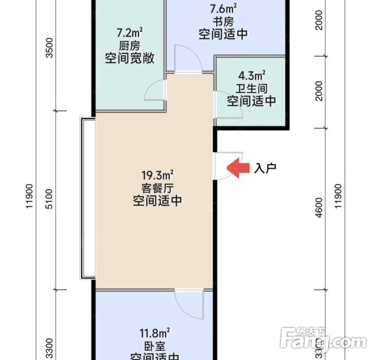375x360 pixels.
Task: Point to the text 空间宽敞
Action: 130,59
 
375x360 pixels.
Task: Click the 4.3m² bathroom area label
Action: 252,75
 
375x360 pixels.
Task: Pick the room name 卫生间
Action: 252,88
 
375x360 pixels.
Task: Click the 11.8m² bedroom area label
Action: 154,333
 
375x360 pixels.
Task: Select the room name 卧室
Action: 154,346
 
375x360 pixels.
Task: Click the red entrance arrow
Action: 238,168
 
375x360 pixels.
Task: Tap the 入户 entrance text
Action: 266,168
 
